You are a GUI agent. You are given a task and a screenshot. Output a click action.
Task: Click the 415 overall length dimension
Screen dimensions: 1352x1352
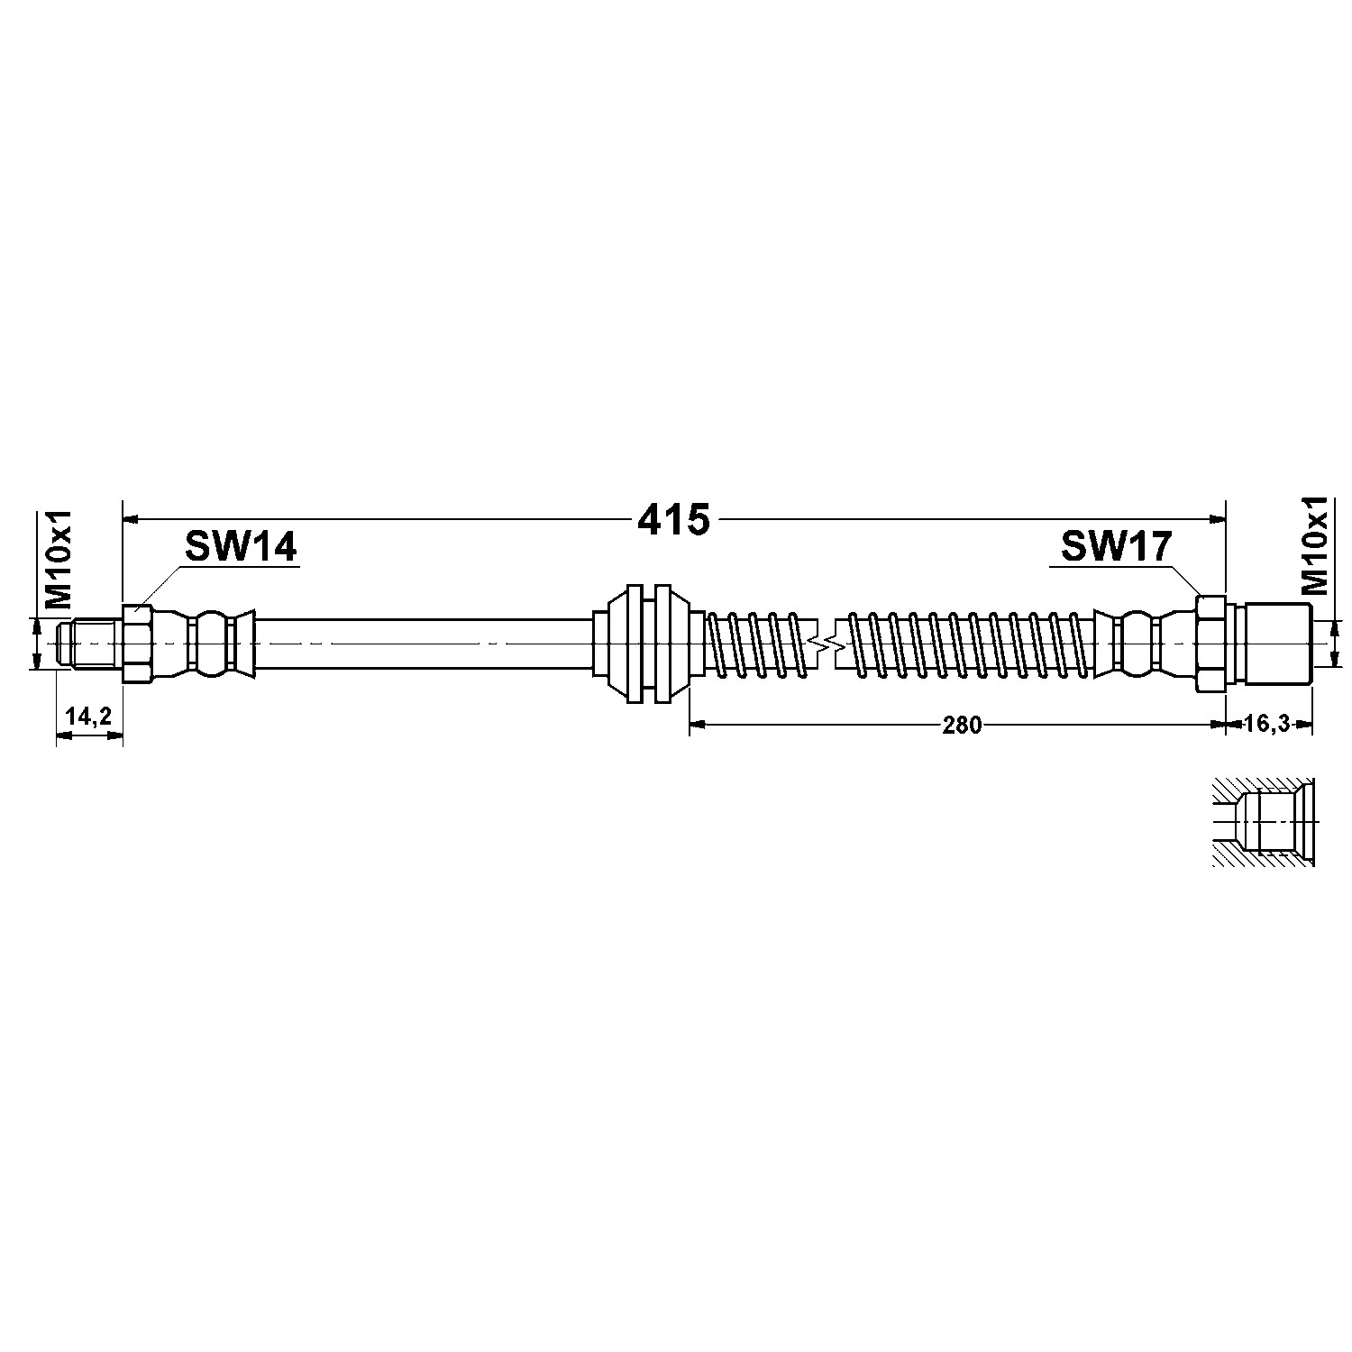click(x=674, y=519)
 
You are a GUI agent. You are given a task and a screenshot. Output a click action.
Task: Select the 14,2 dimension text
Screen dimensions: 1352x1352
click(x=88, y=717)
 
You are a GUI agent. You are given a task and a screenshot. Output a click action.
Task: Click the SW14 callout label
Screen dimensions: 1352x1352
click(x=241, y=547)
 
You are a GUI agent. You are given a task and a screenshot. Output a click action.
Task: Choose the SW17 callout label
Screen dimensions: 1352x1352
click(x=1115, y=547)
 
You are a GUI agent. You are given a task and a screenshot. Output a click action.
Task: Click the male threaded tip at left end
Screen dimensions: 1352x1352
click(x=87, y=644)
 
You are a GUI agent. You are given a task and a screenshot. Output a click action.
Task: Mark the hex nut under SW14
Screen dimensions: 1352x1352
click(x=138, y=644)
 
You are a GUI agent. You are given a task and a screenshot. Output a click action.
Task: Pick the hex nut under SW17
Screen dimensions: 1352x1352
click(x=1210, y=644)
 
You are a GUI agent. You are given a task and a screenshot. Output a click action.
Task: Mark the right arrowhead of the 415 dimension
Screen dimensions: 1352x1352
click(x=1218, y=519)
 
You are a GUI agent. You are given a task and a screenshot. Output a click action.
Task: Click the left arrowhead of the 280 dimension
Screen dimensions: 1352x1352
click(x=697, y=723)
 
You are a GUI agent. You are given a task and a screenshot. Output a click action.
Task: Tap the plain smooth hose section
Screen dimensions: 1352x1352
click(x=424, y=644)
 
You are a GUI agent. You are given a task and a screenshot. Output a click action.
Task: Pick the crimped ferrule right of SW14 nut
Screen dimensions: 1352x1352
click(x=207, y=644)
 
